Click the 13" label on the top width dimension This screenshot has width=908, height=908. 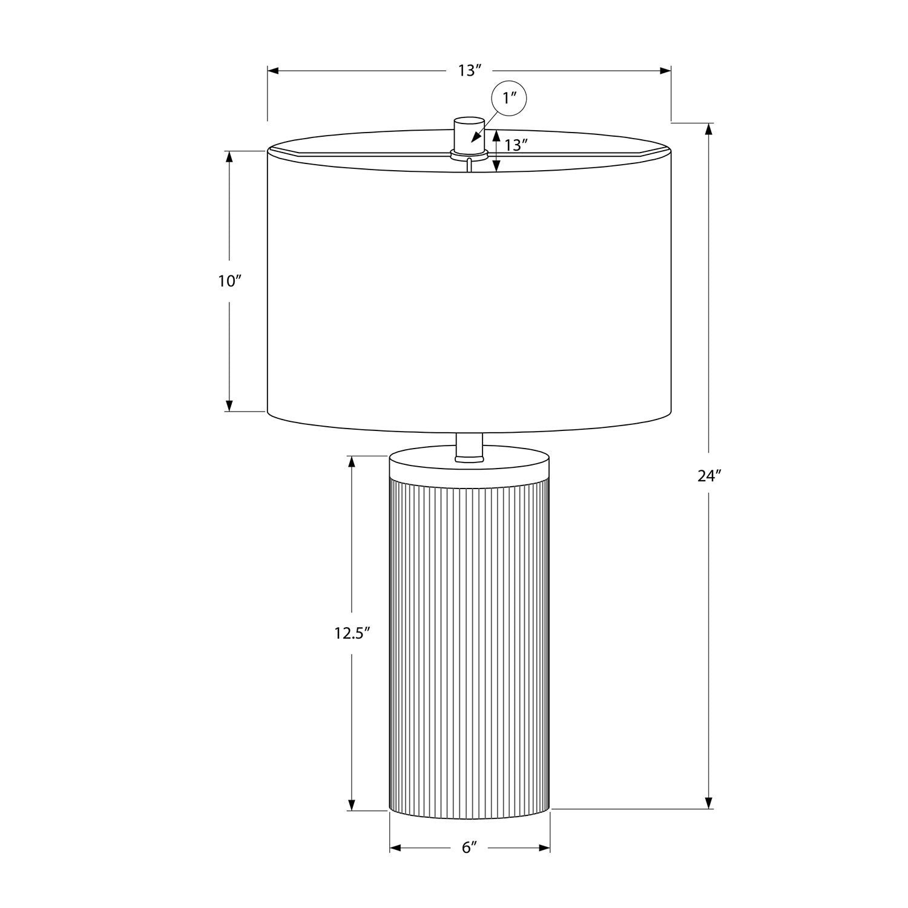tap(469, 71)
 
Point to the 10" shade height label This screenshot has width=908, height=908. tap(230, 281)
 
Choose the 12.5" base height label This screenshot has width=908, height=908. tap(352, 633)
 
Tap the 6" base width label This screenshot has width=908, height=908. tap(470, 848)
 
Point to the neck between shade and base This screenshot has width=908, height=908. tap(469, 447)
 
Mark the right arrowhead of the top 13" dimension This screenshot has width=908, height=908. tap(665, 71)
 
